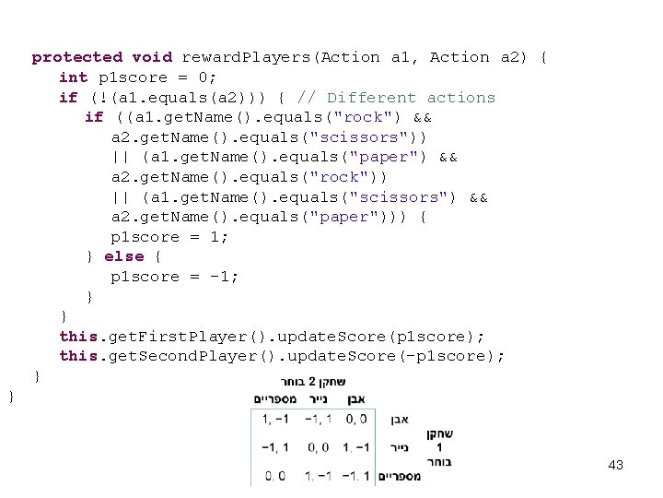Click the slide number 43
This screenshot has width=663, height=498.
[x=616, y=466]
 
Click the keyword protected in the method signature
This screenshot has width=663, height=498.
[x=76, y=57]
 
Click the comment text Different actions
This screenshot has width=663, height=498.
[x=411, y=97]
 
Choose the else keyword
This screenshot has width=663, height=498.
[x=123, y=256]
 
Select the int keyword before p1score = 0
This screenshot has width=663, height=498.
[x=73, y=77]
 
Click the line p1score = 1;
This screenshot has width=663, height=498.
[x=169, y=237]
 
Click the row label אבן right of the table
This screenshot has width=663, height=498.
[x=400, y=420]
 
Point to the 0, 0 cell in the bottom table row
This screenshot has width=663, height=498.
[x=274, y=477]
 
